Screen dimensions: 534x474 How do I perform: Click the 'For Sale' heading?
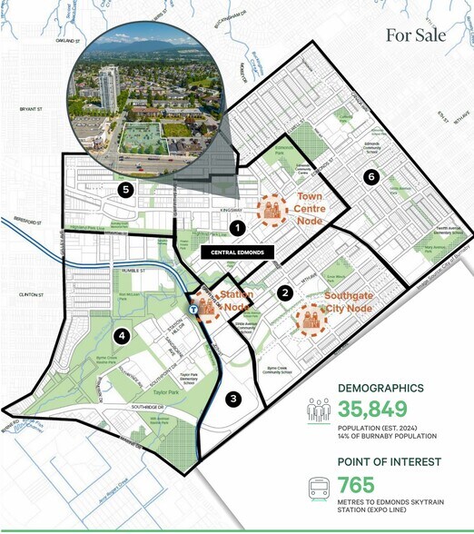(416, 35)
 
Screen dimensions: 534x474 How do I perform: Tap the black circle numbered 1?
(237, 228)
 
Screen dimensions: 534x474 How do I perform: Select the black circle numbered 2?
(285, 292)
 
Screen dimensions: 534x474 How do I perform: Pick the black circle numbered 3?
(233, 399)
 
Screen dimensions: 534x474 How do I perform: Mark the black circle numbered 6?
(370, 177)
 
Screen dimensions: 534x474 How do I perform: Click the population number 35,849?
(373, 409)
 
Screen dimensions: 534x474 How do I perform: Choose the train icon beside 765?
(320, 491)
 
